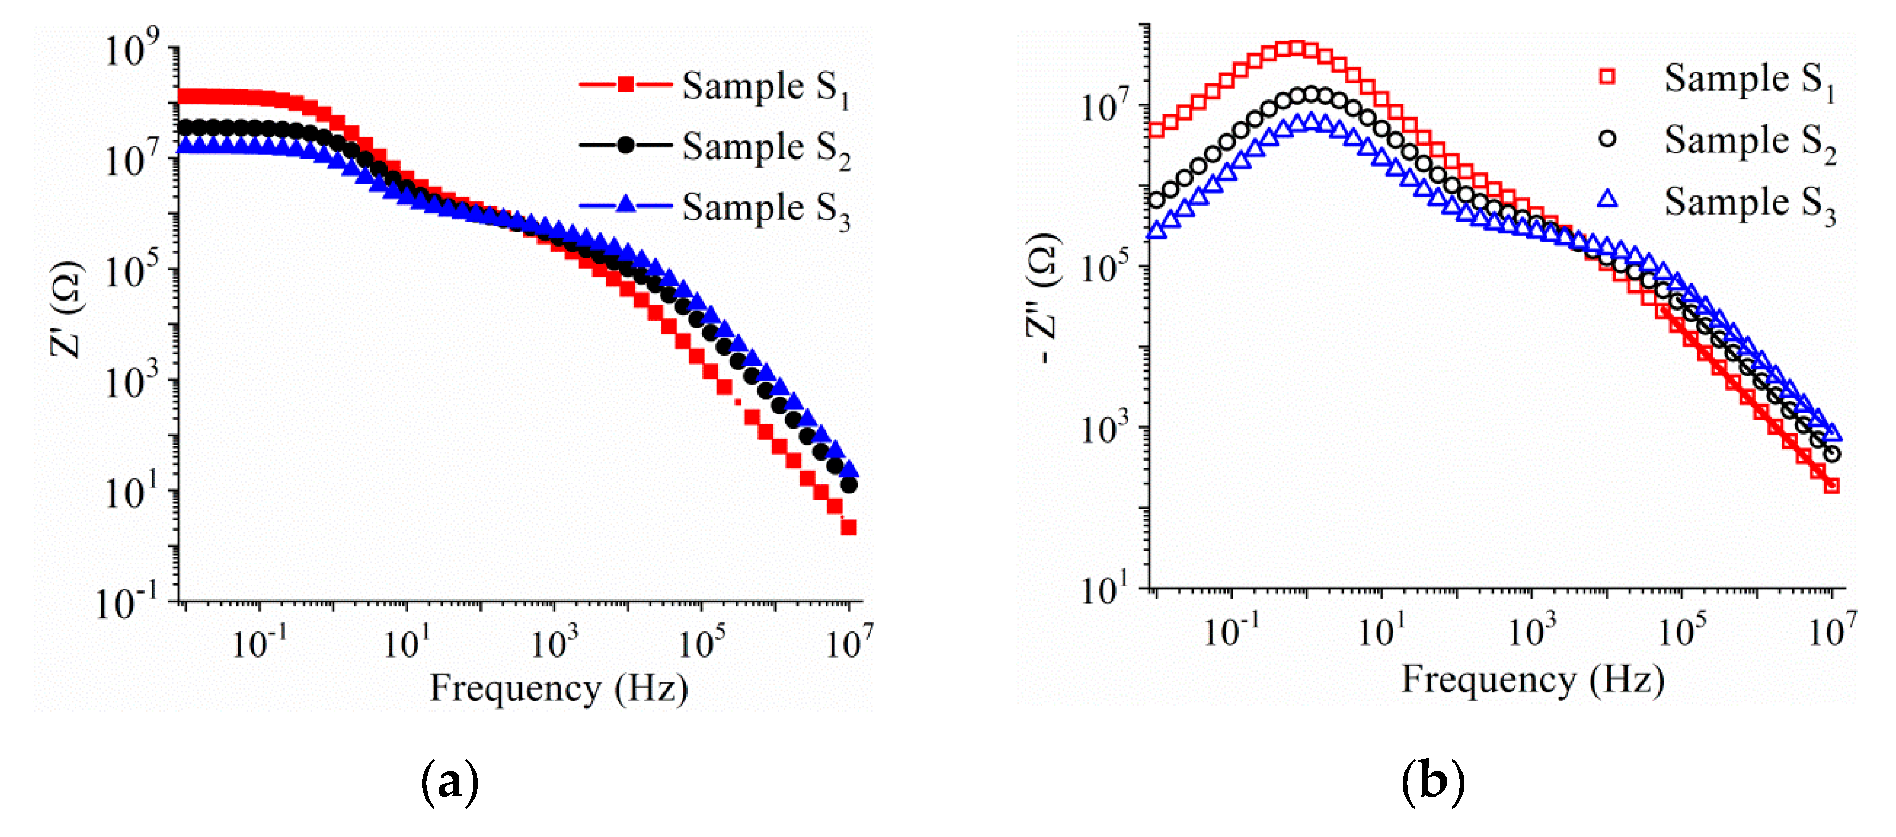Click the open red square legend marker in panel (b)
[1607, 76]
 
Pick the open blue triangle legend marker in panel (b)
[1607, 199]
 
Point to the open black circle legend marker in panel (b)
[1607, 138]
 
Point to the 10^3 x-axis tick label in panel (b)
[1531, 631]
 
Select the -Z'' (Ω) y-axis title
[1043, 298]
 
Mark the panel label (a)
[449, 783]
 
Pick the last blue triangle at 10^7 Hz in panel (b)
[1832, 432]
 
